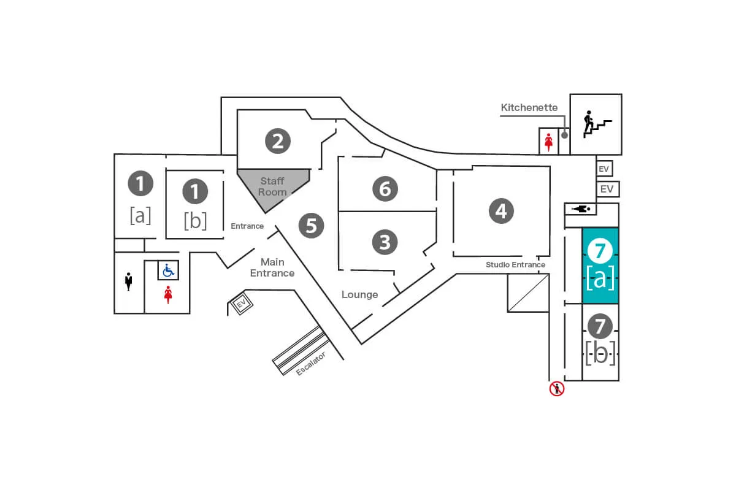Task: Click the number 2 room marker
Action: click(277, 141)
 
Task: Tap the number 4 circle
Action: click(501, 211)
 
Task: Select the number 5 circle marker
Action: click(311, 226)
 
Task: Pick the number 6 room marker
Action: click(385, 188)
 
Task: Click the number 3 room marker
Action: click(385, 242)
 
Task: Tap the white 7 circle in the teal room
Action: click(600, 250)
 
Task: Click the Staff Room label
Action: click(272, 186)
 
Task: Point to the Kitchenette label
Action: click(529, 108)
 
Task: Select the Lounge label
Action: click(359, 295)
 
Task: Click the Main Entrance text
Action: click(272, 267)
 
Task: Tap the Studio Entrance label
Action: click(515, 265)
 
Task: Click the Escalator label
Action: click(310, 363)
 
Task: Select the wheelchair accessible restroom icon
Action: click(168, 270)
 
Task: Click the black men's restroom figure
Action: click(129, 282)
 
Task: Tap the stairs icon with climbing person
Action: click(596, 124)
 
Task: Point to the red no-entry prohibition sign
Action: click(556, 388)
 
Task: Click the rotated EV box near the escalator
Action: click(240, 304)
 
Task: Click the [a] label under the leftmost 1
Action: click(140, 215)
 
